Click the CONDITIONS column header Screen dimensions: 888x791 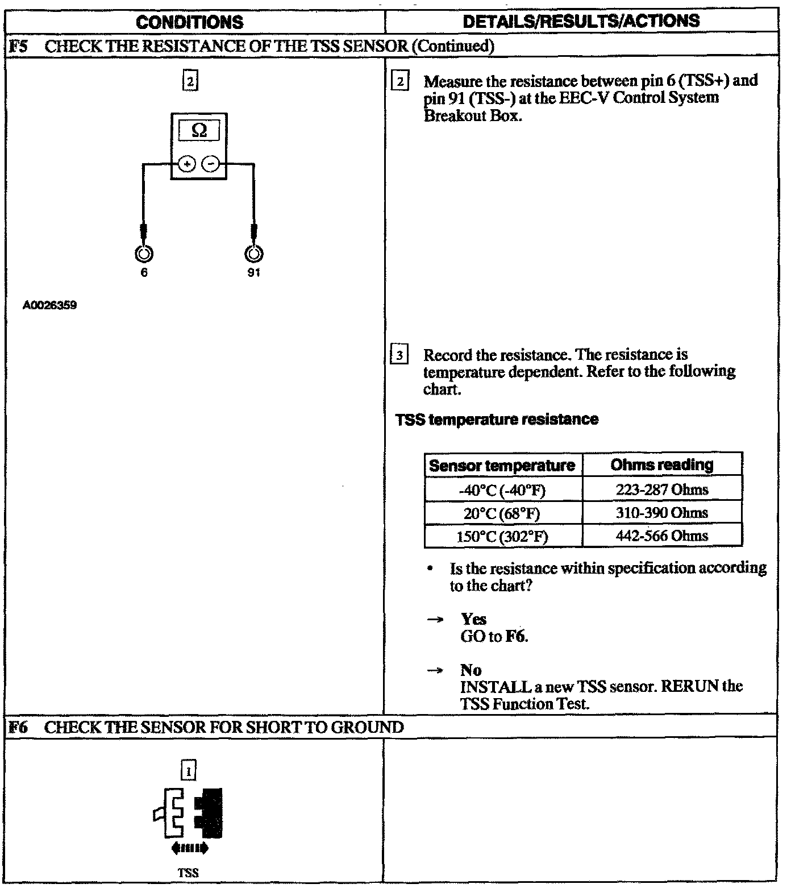pyautogui.click(x=190, y=22)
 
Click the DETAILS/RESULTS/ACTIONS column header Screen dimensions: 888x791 pyautogui.click(x=581, y=21)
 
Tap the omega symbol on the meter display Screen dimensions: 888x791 pyautogui.click(x=199, y=130)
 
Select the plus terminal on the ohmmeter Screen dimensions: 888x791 pyautogui.click(x=187, y=164)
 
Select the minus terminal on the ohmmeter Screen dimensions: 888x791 pyautogui.click(x=210, y=164)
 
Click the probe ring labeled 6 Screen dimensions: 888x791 pyautogui.click(x=144, y=254)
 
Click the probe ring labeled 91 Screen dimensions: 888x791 pyautogui.click(x=253, y=254)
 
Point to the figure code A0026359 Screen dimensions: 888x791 pyautogui.click(x=50, y=306)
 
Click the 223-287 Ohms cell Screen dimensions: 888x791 pyautogui.click(x=662, y=489)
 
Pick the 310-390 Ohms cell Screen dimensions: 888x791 pyautogui.click(x=662, y=513)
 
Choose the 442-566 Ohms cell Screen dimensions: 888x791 pyautogui.click(x=662, y=536)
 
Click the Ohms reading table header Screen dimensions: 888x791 pyautogui.click(x=662, y=465)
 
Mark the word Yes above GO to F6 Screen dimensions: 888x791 pyautogui.click(x=473, y=619)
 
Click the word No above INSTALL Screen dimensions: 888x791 pyautogui.click(x=471, y=670)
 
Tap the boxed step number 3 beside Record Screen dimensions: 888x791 pyautogui.click(x=399, y=356)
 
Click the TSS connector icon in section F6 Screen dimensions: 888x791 pyautogui.click(x=189, y=813)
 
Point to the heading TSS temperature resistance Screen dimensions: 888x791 pyautogui.click(x=497, y=420)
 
